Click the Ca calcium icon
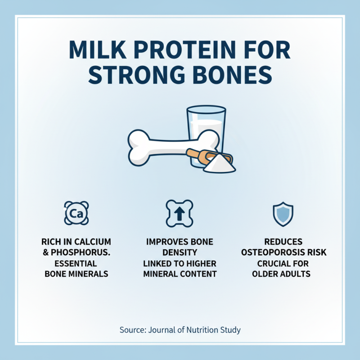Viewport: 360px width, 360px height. click(x=76, y=213)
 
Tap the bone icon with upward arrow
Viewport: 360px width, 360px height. click(x=180, y=213)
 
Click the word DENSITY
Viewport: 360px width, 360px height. click(x=180, y=252)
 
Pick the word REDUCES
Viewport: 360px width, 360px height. click(x=283, y=242)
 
